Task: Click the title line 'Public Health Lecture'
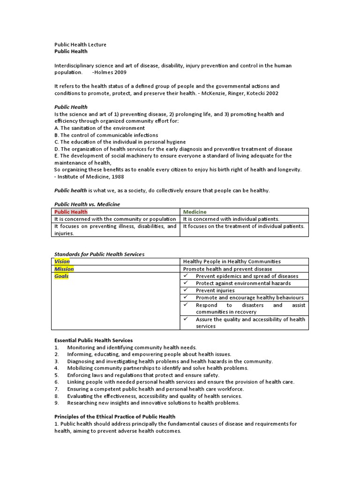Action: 80,45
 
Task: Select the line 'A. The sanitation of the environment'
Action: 99,128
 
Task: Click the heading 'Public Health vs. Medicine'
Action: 87,204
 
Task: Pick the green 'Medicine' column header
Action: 195,212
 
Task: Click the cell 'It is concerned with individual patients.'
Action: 231,219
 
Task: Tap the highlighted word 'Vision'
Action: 62,262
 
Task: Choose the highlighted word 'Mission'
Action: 64,269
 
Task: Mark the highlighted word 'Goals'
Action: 61,276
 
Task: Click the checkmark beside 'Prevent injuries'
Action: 186,290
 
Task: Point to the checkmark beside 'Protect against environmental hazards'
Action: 186,283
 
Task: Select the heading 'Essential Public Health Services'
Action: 93,340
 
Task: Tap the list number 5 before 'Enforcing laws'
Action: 56,375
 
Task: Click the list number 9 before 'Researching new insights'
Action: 56,403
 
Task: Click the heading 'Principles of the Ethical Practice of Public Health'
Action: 115,417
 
